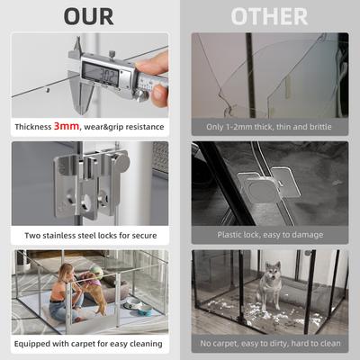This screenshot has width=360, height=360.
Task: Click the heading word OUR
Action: coord(88,16)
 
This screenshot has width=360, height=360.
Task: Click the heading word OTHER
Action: coord(269,16)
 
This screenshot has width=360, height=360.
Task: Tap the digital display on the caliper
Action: coord(100,73)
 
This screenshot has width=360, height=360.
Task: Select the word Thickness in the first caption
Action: coord(33,128)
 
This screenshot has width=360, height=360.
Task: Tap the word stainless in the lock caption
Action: coord(71,236)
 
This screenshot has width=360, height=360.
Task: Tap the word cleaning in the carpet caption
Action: coord(144,343)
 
